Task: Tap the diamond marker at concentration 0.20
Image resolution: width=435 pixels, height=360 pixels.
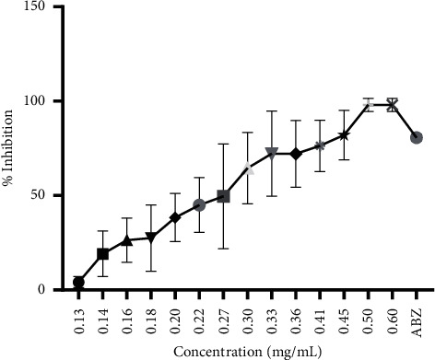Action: pos(175,218)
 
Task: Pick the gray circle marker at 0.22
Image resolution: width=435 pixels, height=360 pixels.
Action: pos(199,204)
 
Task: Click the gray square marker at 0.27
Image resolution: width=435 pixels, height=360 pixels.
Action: pos(223,196)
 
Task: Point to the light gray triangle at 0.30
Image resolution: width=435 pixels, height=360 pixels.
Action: pos(247,168)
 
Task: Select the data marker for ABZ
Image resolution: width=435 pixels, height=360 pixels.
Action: pos(417,137)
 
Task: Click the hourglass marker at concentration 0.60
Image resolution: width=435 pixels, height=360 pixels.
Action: pos(392,105)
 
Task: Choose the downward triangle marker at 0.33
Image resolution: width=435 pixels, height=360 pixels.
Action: pos(271,153)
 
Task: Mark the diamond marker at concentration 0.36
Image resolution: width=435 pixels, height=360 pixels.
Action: pos(295,154)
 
